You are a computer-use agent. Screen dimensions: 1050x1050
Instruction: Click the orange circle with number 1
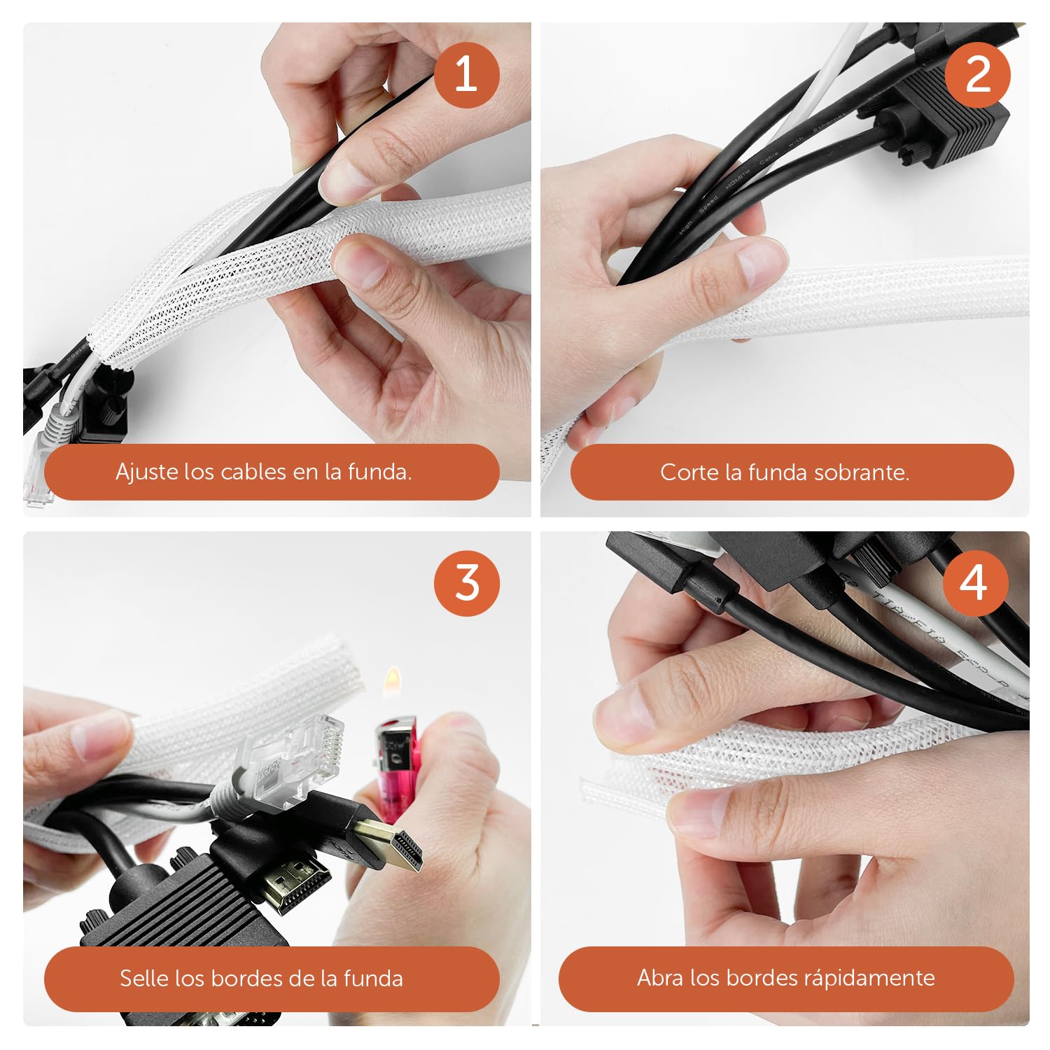(466, 74)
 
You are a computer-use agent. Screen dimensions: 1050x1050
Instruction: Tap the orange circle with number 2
(977, 74)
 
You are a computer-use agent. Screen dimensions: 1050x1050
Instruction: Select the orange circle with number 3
(467, 583)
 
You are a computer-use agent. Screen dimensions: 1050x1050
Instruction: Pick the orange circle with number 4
(974, 583)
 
